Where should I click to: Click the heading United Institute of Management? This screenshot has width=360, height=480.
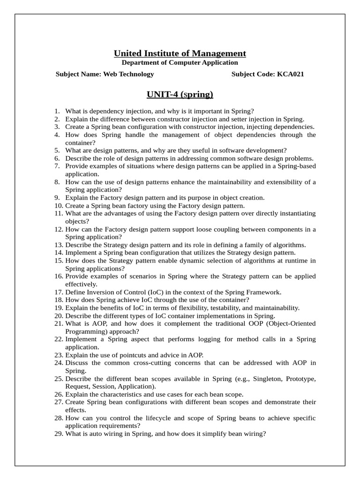[180, 53]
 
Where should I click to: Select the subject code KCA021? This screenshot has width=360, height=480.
[287, 74]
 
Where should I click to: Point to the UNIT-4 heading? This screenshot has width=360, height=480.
[180, 95]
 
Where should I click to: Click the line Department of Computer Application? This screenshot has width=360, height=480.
[180, 62]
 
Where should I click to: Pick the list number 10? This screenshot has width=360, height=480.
[59, 205]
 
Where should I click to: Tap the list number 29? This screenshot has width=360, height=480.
[59, 434]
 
